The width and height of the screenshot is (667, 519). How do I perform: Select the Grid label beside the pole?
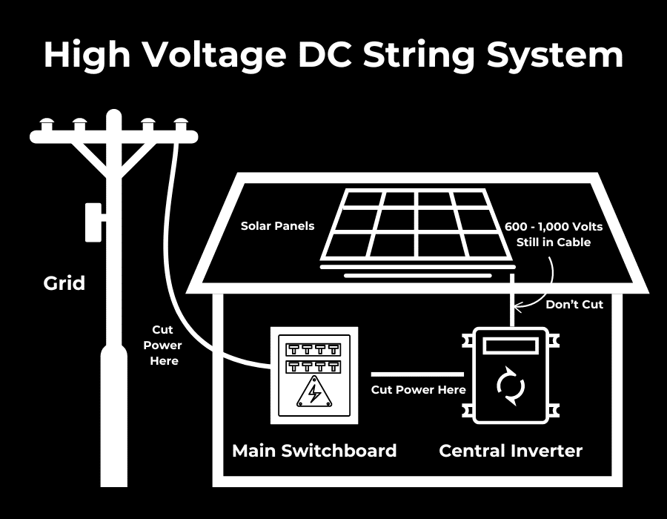click(x=64, y=282)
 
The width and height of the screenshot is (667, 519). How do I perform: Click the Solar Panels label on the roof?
click(x=277, y=225)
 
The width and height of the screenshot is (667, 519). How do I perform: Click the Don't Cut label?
click(x=574, y=304)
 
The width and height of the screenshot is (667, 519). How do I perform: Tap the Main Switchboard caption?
click(x=314, y=450)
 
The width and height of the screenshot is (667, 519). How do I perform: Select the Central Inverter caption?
click(x=511, y=450)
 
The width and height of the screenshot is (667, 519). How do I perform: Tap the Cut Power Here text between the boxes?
click(x=419, y=389)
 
